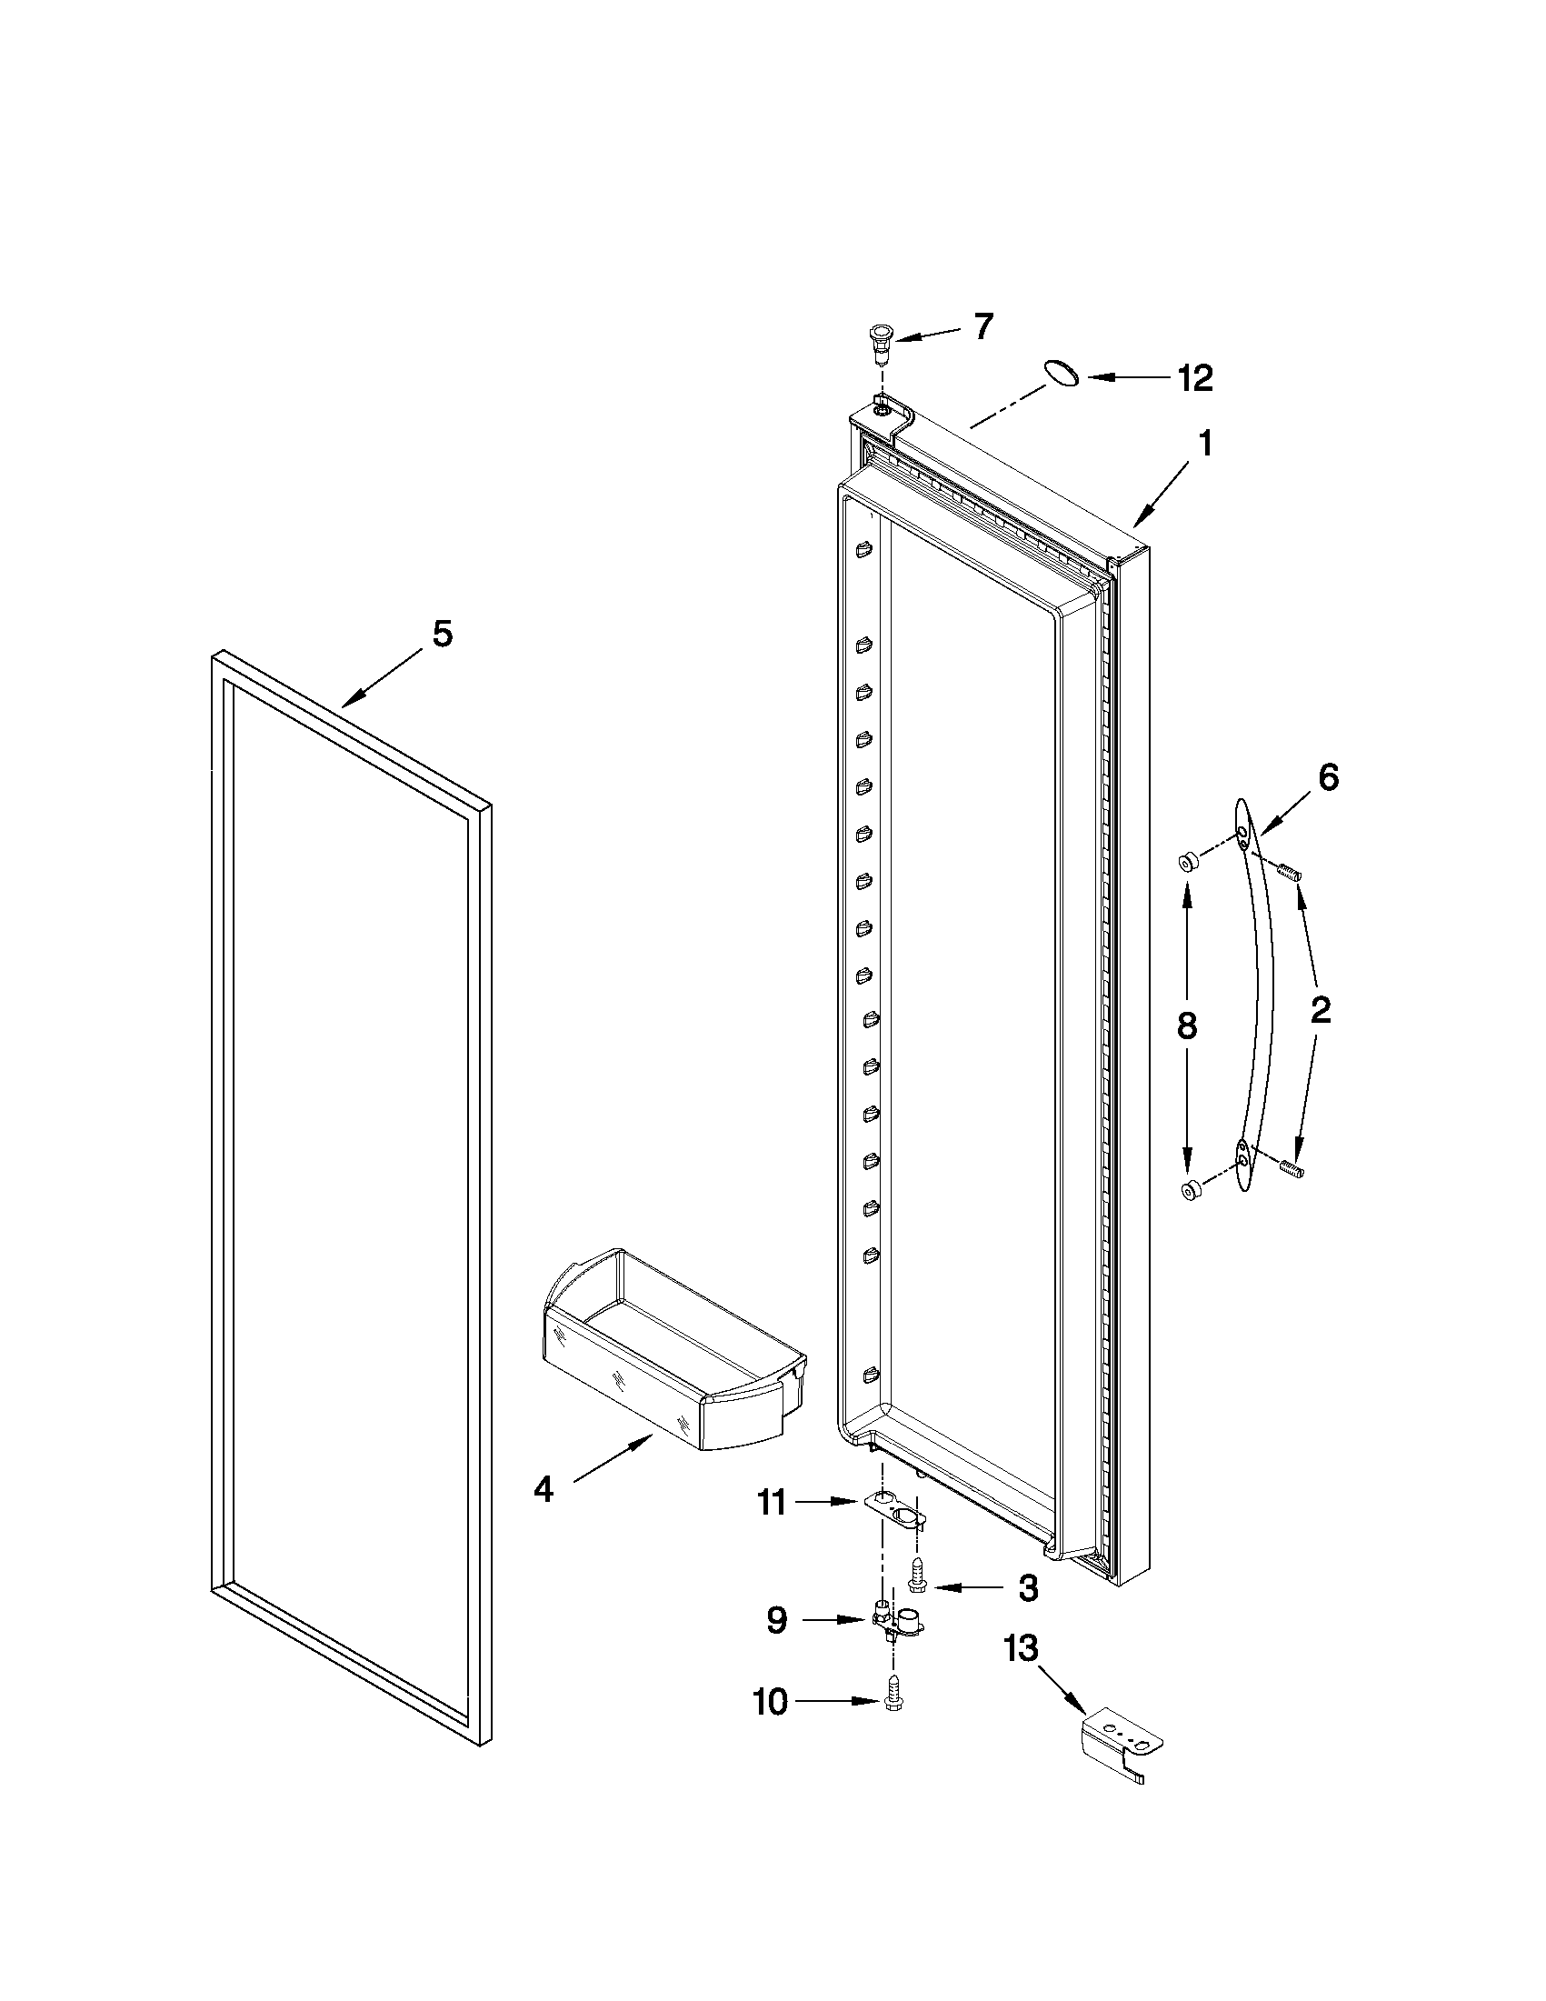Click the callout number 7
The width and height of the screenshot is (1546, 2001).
click(982, 326)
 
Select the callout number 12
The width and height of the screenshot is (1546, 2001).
click(1194, 377)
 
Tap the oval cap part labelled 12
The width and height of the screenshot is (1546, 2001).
click(1060, 373)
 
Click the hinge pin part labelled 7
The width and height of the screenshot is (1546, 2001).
click(880, 340)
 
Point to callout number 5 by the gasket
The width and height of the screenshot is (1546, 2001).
click(443, 634)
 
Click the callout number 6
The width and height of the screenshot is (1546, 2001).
click(1328, 778)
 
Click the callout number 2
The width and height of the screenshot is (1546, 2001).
click(1320, 1011)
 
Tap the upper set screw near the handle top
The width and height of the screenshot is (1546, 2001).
click(1291, 872)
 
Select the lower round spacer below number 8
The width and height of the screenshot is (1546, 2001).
click(1192, 1191)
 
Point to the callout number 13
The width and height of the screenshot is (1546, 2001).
click(1022, 1649)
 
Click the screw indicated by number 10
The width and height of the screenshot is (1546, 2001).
click(893, 1702)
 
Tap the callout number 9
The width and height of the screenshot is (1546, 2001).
click(776, 1621)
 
